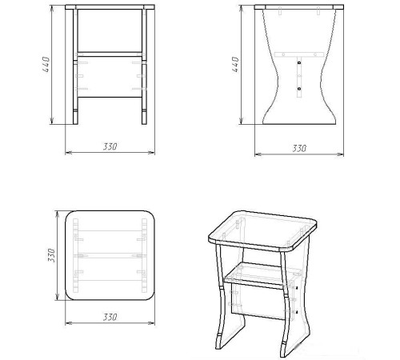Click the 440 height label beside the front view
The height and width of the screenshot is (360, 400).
46,64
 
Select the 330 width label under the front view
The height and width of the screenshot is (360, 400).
110,146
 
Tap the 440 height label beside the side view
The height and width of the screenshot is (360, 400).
235,64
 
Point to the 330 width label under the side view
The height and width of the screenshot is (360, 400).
299,148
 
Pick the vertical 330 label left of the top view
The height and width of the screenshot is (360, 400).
51,255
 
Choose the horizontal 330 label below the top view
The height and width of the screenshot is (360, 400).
110,317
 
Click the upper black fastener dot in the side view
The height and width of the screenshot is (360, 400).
299,63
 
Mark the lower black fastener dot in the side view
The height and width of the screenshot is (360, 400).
299,89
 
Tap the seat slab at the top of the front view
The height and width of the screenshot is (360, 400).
110,7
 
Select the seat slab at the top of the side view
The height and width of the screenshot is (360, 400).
299,7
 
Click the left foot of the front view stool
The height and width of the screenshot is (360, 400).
75,118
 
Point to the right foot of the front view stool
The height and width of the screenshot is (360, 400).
144,118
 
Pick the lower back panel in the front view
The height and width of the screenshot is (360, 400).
110,77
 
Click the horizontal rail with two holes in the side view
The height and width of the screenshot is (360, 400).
299,54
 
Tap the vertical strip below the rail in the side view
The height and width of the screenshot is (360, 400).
299,77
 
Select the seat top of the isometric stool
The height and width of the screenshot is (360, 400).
262,230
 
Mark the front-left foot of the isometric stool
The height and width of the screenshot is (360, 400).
219,342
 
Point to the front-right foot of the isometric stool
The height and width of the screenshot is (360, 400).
284,348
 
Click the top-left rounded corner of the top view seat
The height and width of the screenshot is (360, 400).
68,214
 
